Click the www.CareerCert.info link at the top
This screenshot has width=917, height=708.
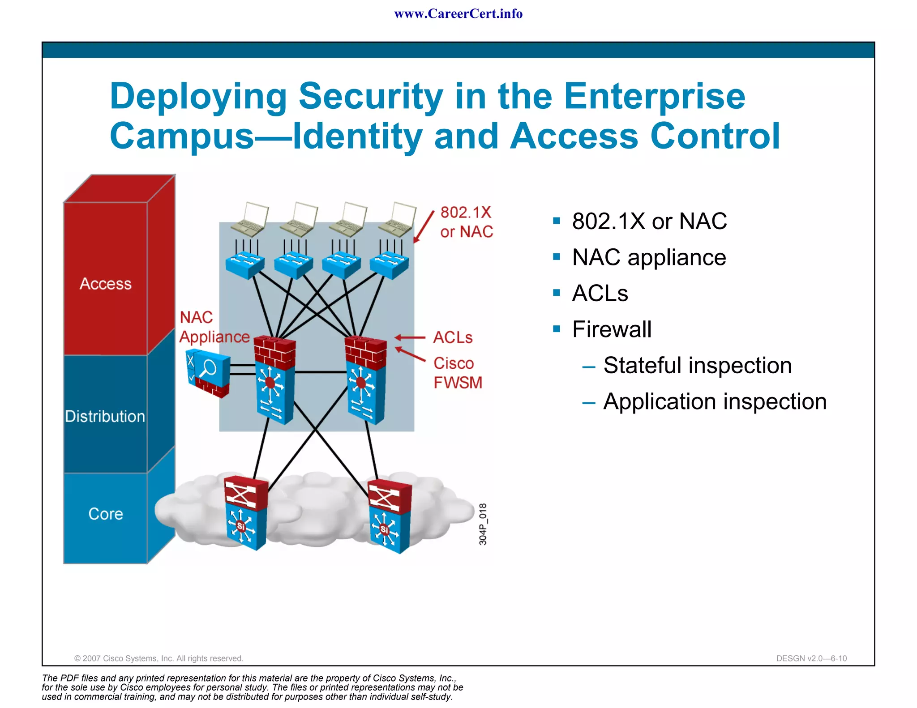[458, 14]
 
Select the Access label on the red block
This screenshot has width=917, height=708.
[106, 284]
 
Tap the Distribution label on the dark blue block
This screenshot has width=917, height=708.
[105, 416]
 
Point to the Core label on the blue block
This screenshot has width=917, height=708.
[106, 514]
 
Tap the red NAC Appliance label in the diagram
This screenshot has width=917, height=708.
[214, 327]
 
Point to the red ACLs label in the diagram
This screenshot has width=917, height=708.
[453, 337]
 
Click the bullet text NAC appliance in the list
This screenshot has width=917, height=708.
[649, 257]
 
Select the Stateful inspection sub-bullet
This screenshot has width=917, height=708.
[697, 365]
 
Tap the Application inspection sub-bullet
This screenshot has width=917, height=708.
[715, 401]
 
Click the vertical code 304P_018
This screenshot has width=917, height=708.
[483, 524]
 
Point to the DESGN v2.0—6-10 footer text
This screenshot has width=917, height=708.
[811, 658]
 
